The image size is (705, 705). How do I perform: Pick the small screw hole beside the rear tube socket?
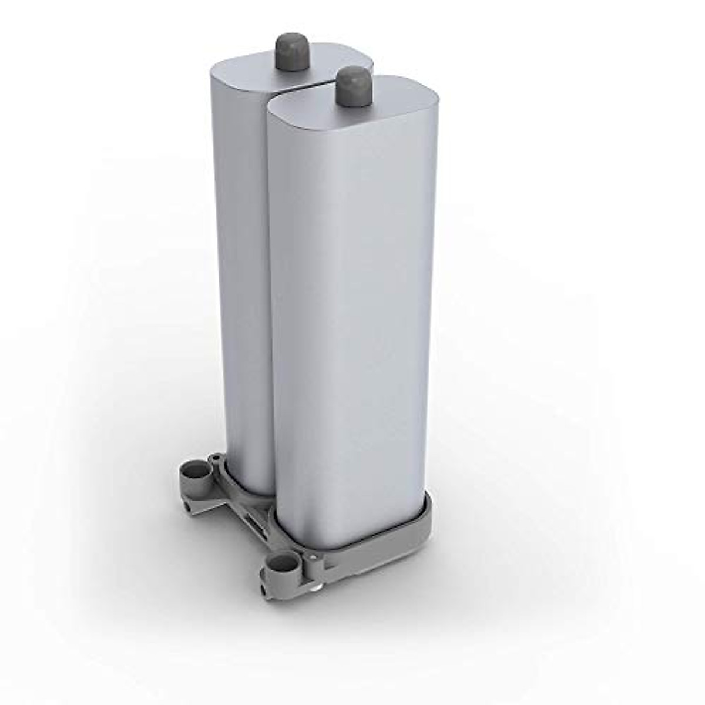[x=216, y=458]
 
